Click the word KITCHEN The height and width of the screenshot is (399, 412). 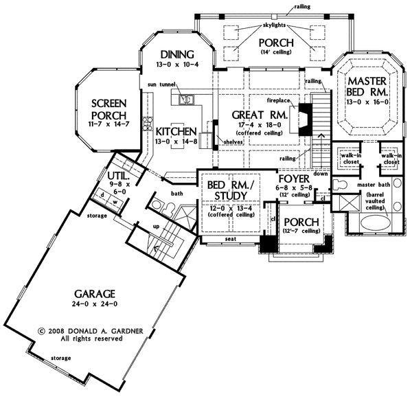176,131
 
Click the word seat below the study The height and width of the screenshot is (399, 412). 231,238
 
